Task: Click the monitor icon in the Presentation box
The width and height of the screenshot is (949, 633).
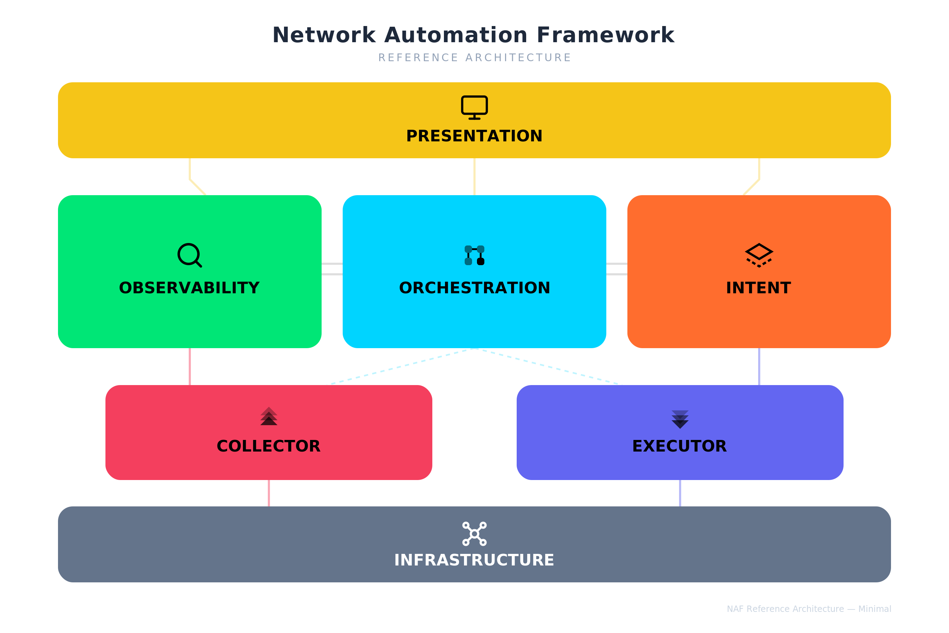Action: (475, 107)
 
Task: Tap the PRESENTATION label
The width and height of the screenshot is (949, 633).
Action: (475, 136)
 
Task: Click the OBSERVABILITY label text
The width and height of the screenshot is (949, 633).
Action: (189, 288)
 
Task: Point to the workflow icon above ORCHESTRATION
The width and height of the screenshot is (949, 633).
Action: (475, 255)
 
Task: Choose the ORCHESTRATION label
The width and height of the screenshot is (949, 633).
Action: (475, 288)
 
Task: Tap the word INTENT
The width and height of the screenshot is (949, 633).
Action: (758, 288)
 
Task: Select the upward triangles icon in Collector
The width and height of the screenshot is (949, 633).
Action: (269, 416)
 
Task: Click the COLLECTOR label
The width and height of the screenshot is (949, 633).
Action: (269, 446)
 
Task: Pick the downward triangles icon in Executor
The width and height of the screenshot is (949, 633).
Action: (680, 419)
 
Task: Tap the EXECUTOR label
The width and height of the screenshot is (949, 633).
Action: (679, 446)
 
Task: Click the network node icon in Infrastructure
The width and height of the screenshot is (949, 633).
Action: (475, 534)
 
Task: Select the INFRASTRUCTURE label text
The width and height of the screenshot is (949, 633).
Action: (475, 560)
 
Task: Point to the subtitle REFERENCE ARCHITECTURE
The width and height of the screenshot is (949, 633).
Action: (475, 58)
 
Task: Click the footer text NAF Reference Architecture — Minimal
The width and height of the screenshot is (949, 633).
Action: (809, 609)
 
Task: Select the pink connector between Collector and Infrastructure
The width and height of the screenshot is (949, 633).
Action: (269, 493)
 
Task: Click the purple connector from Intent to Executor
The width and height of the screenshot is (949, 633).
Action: (759, 366)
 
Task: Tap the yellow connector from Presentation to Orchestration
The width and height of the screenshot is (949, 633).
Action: (475, 177)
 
